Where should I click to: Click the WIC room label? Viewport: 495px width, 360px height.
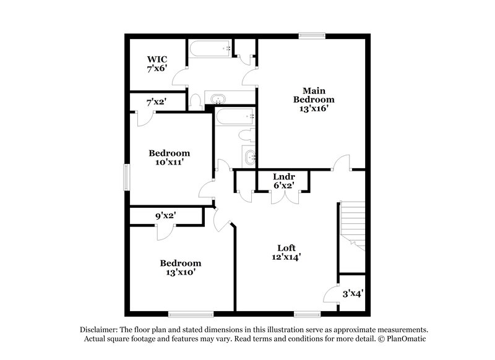point(157,59)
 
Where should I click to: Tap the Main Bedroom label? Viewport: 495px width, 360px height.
point(314,94)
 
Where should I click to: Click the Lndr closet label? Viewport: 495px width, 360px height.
point(283,176)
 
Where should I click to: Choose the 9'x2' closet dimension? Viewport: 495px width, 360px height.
point(166,216)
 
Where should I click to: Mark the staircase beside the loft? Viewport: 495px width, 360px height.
point(352,226)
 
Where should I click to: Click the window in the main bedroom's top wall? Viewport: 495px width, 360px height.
point(312,35)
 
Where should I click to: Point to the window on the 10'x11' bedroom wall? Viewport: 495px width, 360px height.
point(126,176)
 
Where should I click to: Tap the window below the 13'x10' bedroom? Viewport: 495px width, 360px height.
point(191,313)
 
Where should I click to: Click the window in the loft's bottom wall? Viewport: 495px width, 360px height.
point(306,313)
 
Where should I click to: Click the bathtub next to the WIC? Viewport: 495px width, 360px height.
point(211,49)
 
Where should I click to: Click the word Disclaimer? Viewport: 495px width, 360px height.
point(99,330)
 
